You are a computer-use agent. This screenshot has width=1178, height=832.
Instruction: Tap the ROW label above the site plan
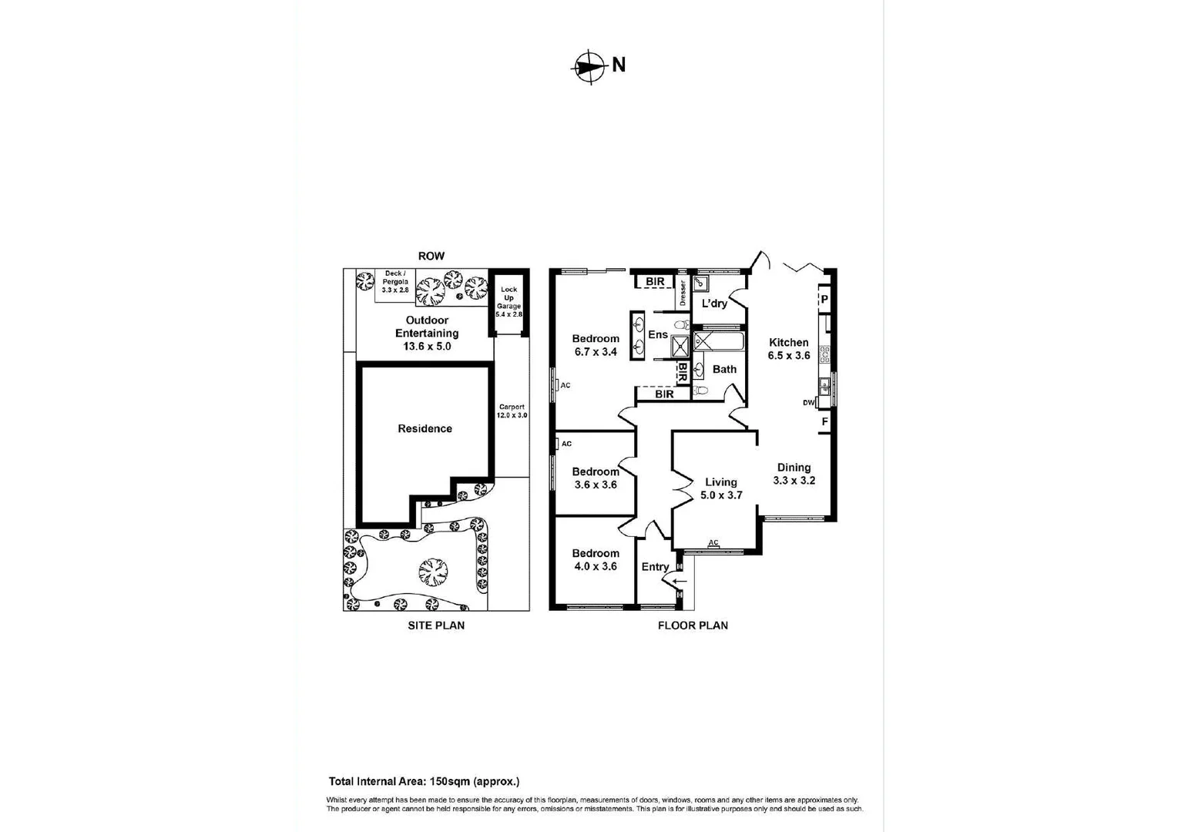(431, 256)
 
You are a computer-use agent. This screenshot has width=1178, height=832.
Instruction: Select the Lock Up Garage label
(508, 301)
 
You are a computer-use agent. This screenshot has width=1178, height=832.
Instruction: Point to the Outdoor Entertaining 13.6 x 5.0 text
(427, 333)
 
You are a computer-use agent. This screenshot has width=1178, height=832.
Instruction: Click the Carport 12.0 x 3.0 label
(512, 411)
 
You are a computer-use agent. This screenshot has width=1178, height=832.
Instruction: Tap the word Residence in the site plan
(425, 428)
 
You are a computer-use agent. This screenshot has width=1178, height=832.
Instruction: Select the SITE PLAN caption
(436, 625)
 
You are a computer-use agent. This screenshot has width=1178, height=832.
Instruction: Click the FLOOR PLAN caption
(693, 625)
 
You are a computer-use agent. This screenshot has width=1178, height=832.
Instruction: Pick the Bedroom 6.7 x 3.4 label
(595, 344)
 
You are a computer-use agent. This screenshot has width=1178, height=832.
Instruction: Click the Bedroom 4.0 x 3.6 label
(595, 559)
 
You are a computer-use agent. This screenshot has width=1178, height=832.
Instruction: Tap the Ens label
(658, 334)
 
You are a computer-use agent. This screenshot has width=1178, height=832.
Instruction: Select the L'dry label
(714, 304)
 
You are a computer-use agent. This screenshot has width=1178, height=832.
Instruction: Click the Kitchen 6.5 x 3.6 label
(789, 348)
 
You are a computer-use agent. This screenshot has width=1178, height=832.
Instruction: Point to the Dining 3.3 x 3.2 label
(794, 473)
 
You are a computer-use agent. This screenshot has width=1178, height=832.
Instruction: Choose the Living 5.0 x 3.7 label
(720, 488)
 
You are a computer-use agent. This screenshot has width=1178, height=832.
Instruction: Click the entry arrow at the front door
(680, 581)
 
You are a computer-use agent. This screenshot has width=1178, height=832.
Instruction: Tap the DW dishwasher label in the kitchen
(808, 402)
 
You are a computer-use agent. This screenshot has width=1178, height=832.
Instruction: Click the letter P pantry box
(824, 299)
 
